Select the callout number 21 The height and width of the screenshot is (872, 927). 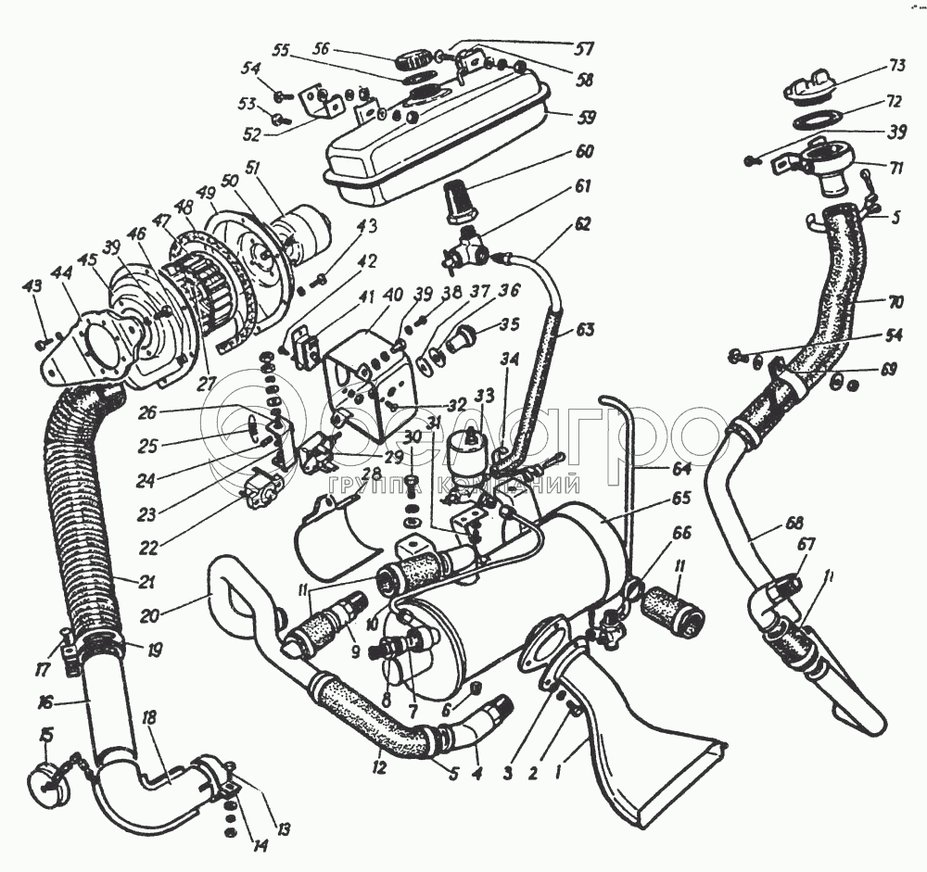click(x=121, y=582)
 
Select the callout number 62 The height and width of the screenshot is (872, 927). click(x=582, y=223)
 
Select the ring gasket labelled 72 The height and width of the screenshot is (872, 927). click(x=816, y=120)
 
